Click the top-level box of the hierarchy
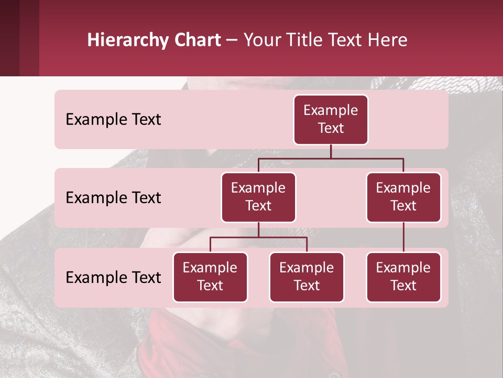click(x=331, y=120)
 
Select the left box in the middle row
click(x=258, y=197)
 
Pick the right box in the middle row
click(x=403, y=197)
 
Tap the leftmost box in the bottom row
click(x=210, y=277)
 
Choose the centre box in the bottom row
click(x=307, y=277)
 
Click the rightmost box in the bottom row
click(x=403, y=277)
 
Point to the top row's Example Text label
click(x=113, y=120)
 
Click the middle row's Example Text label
click(x=113, y=198)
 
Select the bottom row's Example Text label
click(x=113, y=277)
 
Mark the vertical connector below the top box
click(x=331, y=151)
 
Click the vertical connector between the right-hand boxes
click(x=403, y=237)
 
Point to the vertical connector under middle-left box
click(x=258, y=230)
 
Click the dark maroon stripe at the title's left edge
click(x=10, y=38)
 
